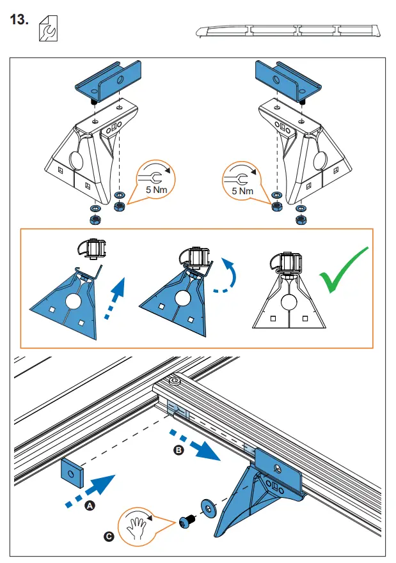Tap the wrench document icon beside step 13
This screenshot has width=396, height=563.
tap(46, 29)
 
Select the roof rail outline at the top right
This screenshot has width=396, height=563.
tap(287, 31)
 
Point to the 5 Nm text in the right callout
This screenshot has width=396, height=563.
tap(242, 190)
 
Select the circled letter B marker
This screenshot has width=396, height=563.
tap(179, 451)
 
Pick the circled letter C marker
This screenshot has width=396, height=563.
tap(109, 537)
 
